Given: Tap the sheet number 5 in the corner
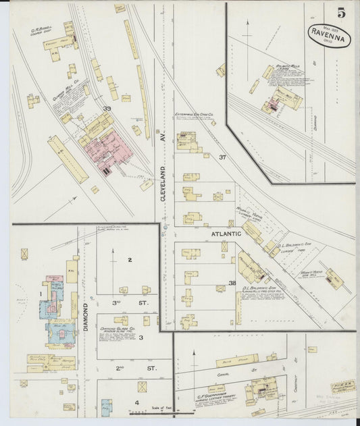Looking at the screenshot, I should coord(342,12).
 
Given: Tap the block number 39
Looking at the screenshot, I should coord(107,108).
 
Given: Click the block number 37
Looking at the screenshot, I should coord(223,157).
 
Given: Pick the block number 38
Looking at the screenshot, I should coord(232,284).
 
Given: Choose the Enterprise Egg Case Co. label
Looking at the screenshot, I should coord(195,116).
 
